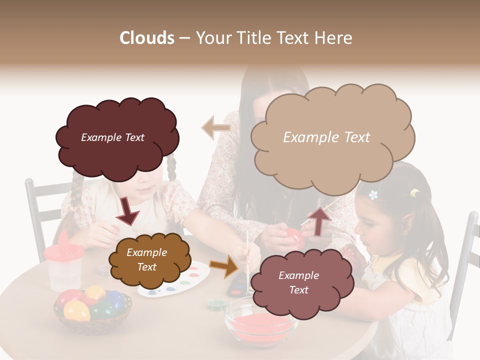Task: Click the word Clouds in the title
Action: click(146, 38)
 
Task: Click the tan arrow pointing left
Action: click(216, 127)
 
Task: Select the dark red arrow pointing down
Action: click(127, 211)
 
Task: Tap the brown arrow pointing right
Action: click(223, 266)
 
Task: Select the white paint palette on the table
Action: click(175, 280)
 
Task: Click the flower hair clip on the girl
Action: click(373, 194)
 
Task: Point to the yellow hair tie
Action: click(414, 192)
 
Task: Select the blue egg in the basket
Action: click(114, 299)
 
